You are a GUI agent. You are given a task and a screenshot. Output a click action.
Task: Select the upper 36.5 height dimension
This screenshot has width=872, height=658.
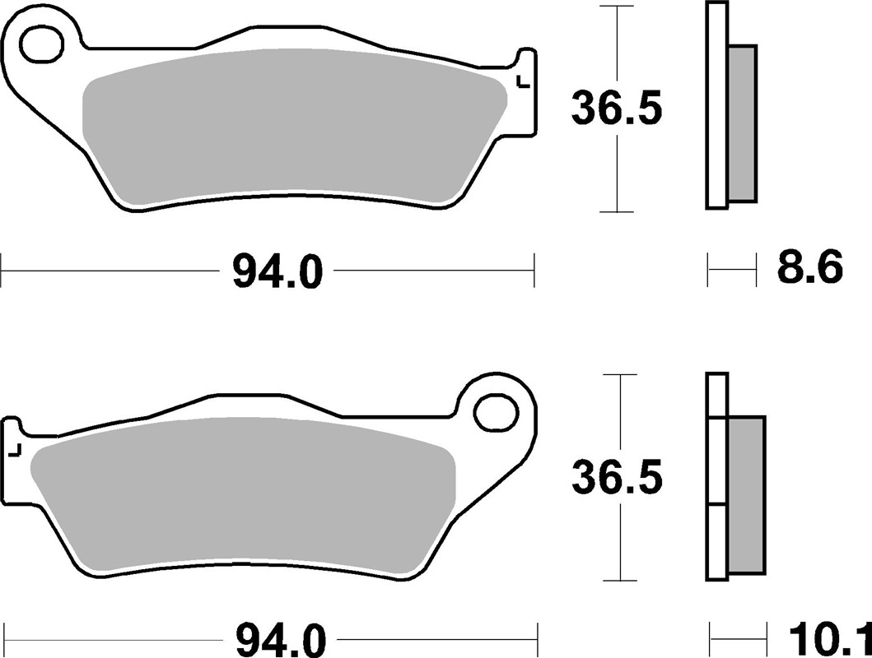(x=617, y=109)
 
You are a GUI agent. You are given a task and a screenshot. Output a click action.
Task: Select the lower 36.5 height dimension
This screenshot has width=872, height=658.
(x=617, y=477)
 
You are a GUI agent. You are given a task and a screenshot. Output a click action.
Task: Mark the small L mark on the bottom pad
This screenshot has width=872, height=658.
(x=13, y=449)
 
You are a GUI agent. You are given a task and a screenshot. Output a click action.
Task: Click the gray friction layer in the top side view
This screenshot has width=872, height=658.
(x=742, y=123)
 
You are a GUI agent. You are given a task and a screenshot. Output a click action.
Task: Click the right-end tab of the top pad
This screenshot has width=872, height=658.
(x=525, y=66)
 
